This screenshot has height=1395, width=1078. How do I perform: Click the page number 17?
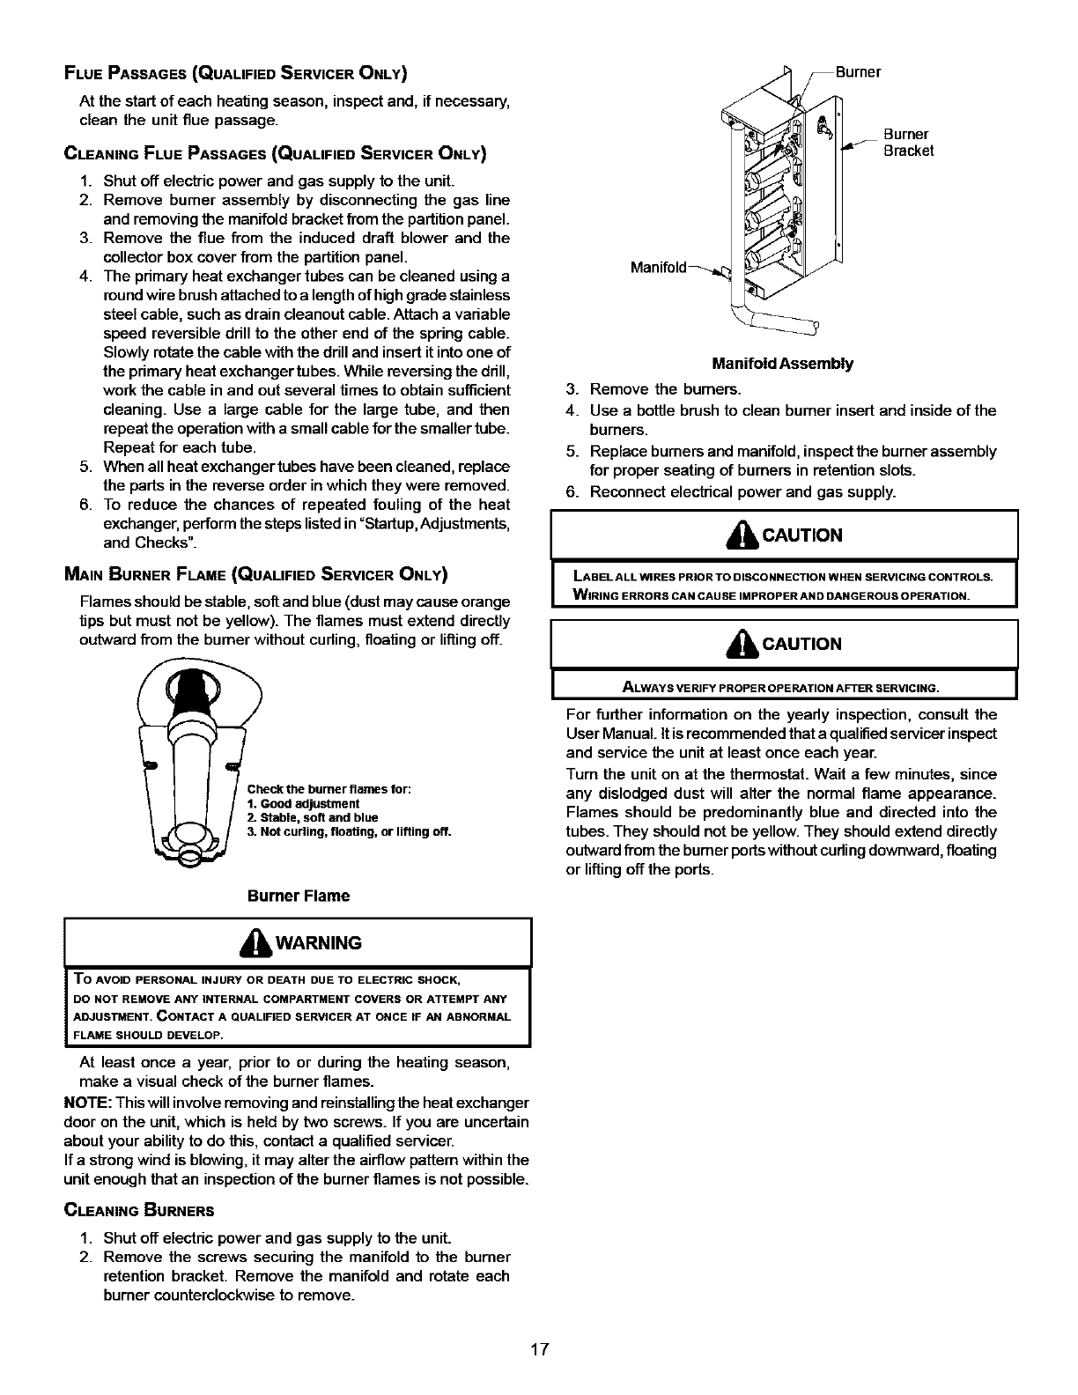[540, 1348]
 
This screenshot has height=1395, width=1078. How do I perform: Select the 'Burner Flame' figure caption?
[299, 896]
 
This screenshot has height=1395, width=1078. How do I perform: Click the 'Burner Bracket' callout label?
[908, 143]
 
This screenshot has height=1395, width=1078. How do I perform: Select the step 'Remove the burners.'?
[666, 389]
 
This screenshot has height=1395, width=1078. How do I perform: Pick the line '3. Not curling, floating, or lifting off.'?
[349, 831]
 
